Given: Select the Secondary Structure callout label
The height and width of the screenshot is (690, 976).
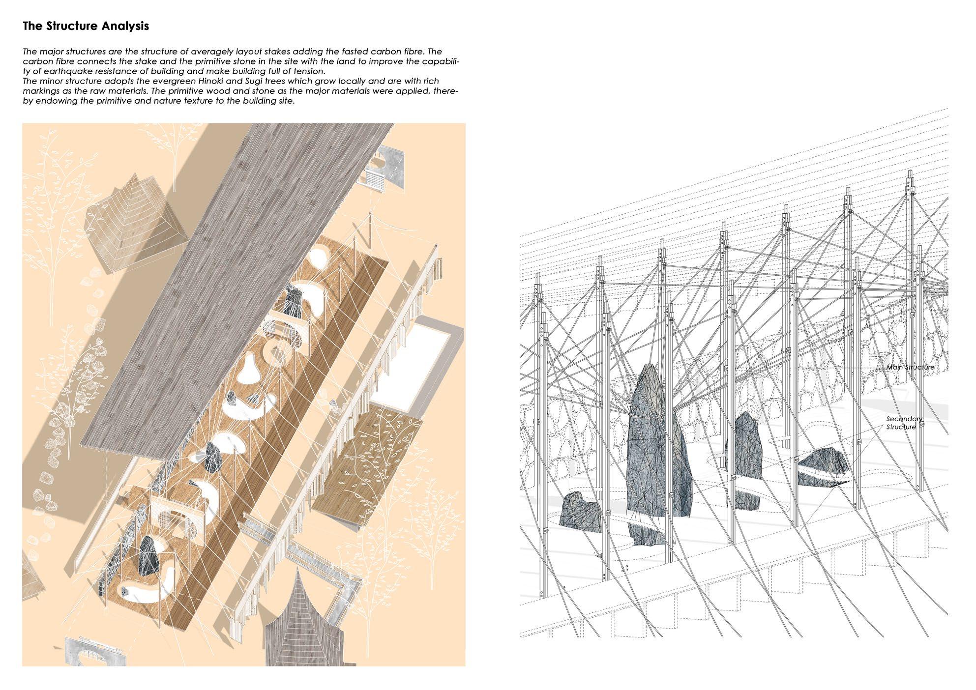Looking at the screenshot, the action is pyautogui.click(x=904, y=423).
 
